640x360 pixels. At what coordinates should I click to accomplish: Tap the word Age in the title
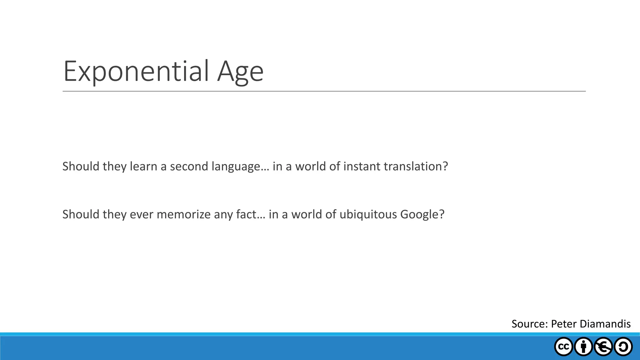coord(240,72)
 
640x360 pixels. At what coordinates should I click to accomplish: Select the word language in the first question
coord(236,167)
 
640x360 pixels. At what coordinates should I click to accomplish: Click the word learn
coord(143,167)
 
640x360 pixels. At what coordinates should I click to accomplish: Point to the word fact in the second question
coord(246,215)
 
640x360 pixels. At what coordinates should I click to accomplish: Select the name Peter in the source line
coord(564,324)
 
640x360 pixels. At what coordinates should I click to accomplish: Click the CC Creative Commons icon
coord(563,347)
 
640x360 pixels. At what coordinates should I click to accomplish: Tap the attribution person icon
coord(583,347)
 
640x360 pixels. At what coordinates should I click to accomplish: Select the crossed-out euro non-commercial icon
coord(603,347)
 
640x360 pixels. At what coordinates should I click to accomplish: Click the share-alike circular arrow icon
coord(623,347)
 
